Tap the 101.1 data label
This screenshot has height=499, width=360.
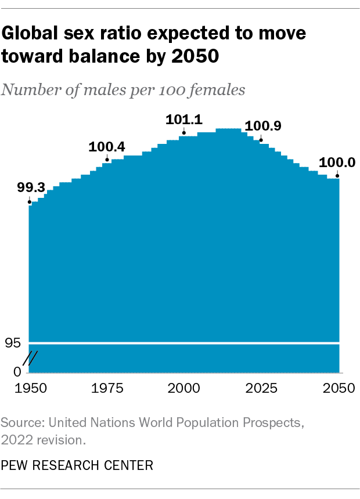tap(183, 120)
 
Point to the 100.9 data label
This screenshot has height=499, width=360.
tap(263, 126)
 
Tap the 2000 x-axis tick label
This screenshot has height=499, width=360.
tap(184, 388)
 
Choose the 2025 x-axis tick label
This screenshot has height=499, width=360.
tap(261, 388)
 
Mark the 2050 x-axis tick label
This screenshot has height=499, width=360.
tap(338, 388)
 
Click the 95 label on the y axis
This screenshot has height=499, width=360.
tap(13, 343)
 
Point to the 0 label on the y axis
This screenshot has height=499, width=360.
tap(17, 371)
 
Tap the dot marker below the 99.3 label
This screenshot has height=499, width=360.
tap(30, 202)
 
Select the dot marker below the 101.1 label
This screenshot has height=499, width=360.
tap(183, 133)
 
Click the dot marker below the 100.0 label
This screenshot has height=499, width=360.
tap(337, 175)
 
